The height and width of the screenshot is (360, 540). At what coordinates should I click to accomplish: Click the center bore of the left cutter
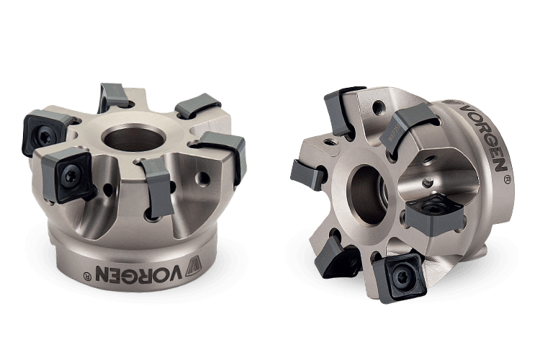click(x=135, y=138)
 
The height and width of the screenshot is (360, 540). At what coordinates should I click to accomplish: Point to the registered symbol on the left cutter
click(x=87, y=276)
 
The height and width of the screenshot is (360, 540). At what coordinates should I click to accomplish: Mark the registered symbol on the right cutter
click(x=507, y=179)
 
